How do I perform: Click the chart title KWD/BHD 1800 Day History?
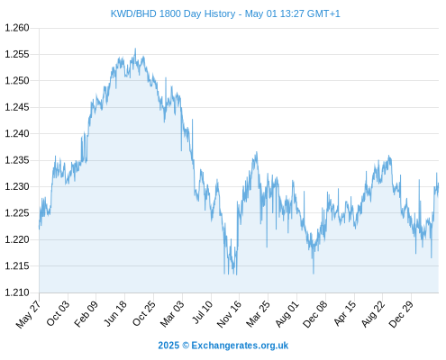173,13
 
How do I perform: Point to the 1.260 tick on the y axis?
17,28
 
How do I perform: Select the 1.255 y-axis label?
17,54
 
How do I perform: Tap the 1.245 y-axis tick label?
17,107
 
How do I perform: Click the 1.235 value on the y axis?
17,160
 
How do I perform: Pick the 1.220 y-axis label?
17,239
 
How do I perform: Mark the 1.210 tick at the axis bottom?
17,292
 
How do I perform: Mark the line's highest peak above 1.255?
135,49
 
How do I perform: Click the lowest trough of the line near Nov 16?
236,274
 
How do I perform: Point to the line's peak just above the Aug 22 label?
389,156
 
